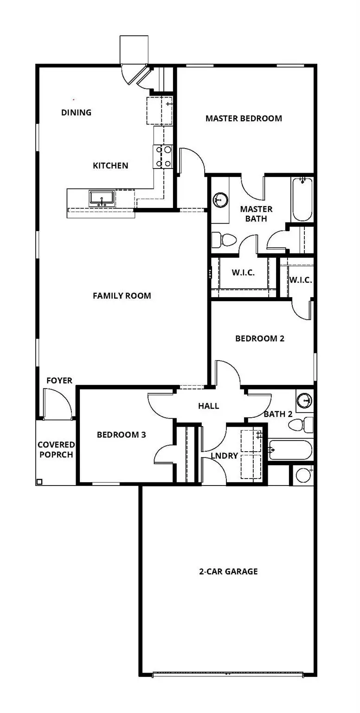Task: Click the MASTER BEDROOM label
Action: (x=244, y=118)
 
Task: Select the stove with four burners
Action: (x=163, y=156)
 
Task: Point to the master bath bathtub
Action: (x=302, y=199)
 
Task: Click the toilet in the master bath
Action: (x=225, y=240)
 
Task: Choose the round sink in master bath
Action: (x=220, y=200)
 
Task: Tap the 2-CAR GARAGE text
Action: (x=228, y=571)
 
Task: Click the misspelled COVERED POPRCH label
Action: (x=56, y=450)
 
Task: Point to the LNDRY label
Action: (x=224, y=456)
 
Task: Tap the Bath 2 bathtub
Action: (x=290, y=449)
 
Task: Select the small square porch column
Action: (x=39, y=482)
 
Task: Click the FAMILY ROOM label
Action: (x=122, y=296)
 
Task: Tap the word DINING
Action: (x=77, y=112)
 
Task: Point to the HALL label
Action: (x=208, y=406)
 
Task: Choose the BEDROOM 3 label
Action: (x=122, y=435)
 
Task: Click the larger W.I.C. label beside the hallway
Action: (x=243, y=273)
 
